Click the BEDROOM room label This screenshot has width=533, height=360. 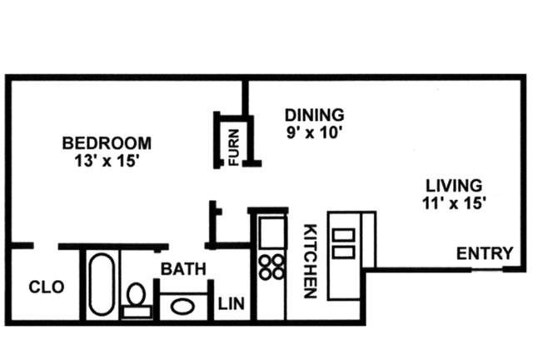107,142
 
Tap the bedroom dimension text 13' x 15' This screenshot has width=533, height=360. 107,161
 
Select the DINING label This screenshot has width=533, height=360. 315,115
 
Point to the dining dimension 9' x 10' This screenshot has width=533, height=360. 314,132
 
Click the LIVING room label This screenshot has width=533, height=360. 454,186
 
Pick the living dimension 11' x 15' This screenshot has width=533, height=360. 454,203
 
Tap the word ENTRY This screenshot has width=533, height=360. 485,253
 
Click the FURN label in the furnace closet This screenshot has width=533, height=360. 234,147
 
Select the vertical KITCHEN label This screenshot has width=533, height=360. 311,261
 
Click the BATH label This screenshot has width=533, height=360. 183,269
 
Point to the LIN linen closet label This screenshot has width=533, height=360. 232,304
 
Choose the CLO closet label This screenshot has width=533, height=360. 47,287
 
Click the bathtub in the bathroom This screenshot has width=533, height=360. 102,284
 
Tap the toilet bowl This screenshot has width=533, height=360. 137,294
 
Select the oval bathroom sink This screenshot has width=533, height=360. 182,307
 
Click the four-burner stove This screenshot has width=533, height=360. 271,267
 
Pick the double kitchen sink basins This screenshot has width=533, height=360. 343,243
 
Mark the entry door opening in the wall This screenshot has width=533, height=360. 487,270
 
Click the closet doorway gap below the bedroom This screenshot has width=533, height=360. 46,246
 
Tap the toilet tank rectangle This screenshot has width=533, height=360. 137,312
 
